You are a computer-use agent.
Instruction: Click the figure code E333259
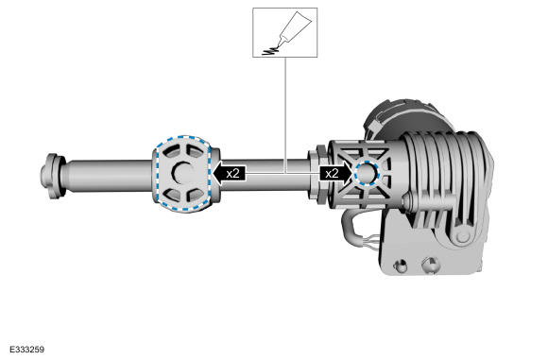coord(26,350)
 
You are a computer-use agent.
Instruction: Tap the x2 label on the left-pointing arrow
coord(232,173)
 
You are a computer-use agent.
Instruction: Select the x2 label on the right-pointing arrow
coord(332,173)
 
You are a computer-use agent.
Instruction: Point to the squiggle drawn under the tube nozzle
coord(271,51)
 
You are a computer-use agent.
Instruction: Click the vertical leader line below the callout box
coord(285,114)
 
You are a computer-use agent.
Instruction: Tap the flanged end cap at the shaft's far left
coord(53,176)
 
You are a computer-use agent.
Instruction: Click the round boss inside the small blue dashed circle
coord(366,173)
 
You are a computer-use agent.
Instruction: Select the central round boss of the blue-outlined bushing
coord(181,173)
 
